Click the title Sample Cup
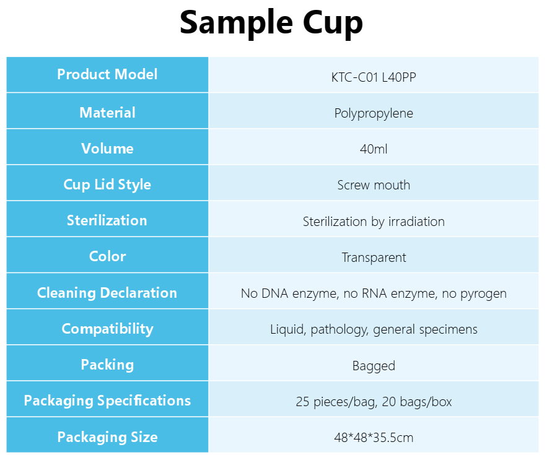[x=271, y=23]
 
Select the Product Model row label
[x=107, y=74]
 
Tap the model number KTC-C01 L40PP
[x=374, y=77]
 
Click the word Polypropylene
[x=374, y=113]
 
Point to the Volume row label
[x=107, y=149]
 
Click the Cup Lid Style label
[x=107, y=184]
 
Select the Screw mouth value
[x=374, y=185]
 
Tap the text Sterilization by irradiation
[x=374, y=222]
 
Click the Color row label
[x=107, y=256]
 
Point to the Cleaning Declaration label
[x=107, y=293]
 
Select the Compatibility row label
[x=107, y=329]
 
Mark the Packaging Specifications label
[x=107, y=401]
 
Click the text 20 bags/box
[x=417, y=402]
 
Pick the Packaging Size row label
[x=107, y=437]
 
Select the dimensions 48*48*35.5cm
[x=374, y=438]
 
